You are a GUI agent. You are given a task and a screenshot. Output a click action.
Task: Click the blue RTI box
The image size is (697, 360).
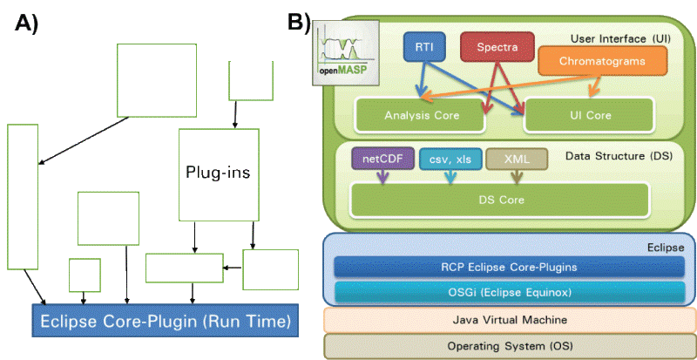[424, 47]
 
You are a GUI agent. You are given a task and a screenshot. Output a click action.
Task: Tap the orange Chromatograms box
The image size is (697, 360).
[601, 60]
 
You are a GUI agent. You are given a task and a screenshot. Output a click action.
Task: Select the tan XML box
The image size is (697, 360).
[517, 160]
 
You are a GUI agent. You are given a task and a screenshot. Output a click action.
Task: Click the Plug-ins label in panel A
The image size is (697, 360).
[218, 173]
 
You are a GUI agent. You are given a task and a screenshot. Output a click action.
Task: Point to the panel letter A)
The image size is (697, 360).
[27, 24]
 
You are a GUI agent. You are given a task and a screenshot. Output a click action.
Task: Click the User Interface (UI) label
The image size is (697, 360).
[619, 39]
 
